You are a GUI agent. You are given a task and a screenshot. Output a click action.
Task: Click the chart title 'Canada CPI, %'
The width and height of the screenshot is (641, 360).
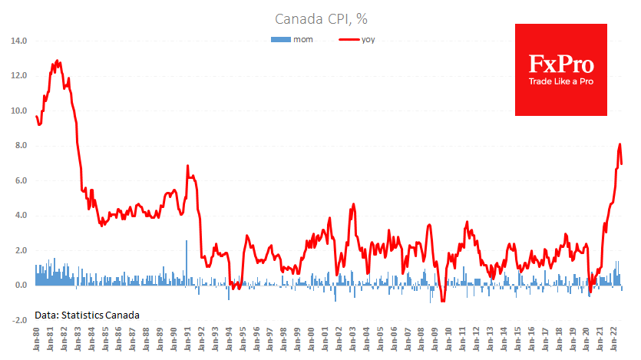click(x=319, y=18)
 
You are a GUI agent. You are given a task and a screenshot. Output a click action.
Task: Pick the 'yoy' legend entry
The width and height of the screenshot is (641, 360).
click(x=367, y=38)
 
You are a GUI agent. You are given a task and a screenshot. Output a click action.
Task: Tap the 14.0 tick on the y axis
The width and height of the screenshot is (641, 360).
click(x=18, y=41)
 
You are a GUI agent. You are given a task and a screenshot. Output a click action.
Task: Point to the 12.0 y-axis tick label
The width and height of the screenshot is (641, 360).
click(x=18, y=75)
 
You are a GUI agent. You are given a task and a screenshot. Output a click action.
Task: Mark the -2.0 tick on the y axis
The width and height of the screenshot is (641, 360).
click(x=19, y=320)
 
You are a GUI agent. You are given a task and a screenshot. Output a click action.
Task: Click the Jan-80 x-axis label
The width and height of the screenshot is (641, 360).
click(x=37, y=340)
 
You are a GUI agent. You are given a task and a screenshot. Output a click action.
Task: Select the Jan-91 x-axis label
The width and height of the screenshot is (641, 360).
click(x=187, y=340)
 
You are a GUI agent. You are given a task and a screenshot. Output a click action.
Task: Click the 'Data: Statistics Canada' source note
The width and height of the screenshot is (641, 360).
click(x=87, y=315)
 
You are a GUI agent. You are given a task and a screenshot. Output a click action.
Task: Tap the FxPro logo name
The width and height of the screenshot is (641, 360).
click(x=560, y=64)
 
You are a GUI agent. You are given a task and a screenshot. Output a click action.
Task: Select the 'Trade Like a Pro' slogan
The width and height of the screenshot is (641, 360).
click(x=560, y=81)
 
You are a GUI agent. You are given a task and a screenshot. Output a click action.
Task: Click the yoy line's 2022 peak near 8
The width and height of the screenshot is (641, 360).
click(x=620, y=144)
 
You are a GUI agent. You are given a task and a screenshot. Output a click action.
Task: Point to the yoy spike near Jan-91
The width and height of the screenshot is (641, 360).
click(x=187, y=166)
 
